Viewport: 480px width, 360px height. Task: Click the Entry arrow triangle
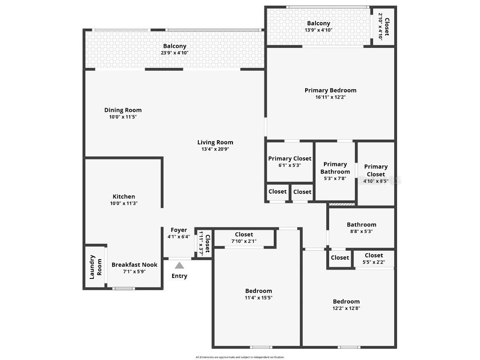point(180,265)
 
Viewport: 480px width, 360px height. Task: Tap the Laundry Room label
point(96,266)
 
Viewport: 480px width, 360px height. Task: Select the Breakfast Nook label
point(135,265)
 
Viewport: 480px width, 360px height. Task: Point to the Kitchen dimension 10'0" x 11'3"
point(124,203)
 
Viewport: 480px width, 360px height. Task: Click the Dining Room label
point(123,110)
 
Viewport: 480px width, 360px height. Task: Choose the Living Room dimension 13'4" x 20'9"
point(215,149)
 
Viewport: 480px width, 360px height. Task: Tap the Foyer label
point(179,230)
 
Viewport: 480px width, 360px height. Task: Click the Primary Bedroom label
point(330,90)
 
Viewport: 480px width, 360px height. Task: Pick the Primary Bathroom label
point(335,168)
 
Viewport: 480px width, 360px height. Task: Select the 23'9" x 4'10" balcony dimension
point(174,53)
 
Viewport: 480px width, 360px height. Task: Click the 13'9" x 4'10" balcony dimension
point(319,30)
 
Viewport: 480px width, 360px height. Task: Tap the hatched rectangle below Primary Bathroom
point(341,204)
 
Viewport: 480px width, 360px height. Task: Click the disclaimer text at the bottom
point(240,357)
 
